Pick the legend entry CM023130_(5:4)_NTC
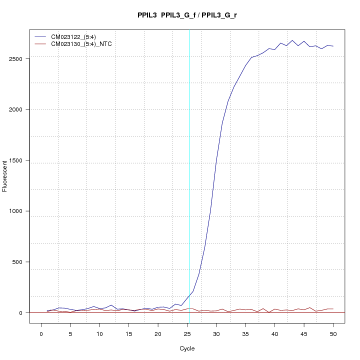[81, 44]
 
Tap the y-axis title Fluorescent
[5, 175]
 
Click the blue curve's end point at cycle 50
[333, 46]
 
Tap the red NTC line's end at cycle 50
[333, 309]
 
